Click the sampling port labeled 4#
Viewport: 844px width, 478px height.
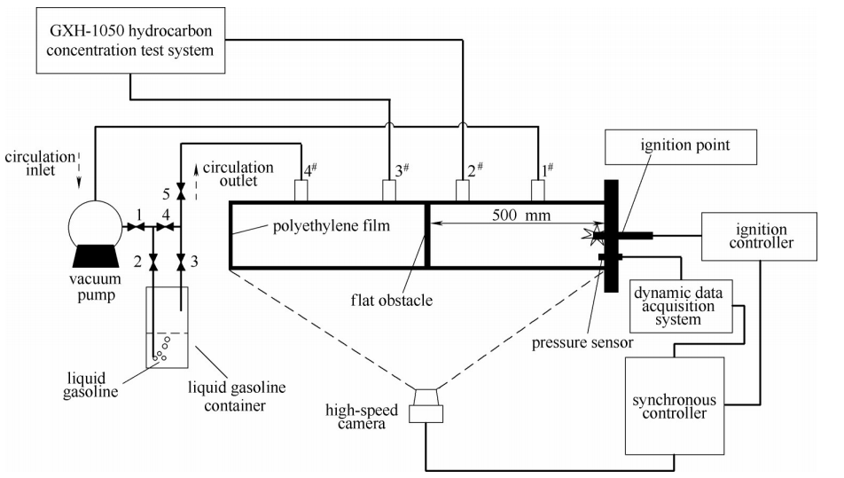coord(301,190)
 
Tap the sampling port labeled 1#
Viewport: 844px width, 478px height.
coord(538,190)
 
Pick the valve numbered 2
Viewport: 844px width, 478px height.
coord(153,262)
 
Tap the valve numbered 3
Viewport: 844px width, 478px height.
coord(181,262)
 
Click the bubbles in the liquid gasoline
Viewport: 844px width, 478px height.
coord(161,351)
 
